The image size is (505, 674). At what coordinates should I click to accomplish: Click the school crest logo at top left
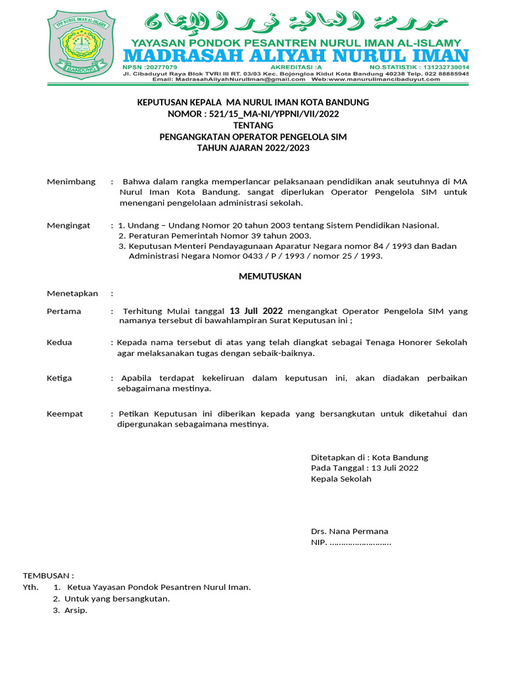(80, 44)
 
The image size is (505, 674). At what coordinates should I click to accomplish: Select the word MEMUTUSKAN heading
(270, 276)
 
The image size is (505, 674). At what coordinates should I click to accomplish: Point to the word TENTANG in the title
(253, 125)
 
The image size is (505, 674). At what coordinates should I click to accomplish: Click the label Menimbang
(71, 182)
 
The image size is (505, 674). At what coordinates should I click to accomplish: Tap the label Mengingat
(68, 225)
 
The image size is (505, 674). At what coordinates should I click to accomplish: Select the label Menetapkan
(72, 294)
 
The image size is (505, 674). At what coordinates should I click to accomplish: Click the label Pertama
(64, 311)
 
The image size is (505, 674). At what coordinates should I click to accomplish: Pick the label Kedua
(59, 342)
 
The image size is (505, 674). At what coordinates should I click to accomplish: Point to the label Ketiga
(59, 378)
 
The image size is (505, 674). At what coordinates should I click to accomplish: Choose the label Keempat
(65, 414)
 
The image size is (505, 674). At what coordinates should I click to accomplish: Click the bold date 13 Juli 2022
(256, 311)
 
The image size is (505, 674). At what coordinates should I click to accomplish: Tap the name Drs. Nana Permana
(349, 531)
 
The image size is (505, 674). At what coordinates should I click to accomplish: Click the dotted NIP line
(359, 543)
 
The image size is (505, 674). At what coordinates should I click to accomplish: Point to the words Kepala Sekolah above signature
(341, 479)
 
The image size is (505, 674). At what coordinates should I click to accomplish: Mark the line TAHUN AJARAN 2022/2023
(253, 148)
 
